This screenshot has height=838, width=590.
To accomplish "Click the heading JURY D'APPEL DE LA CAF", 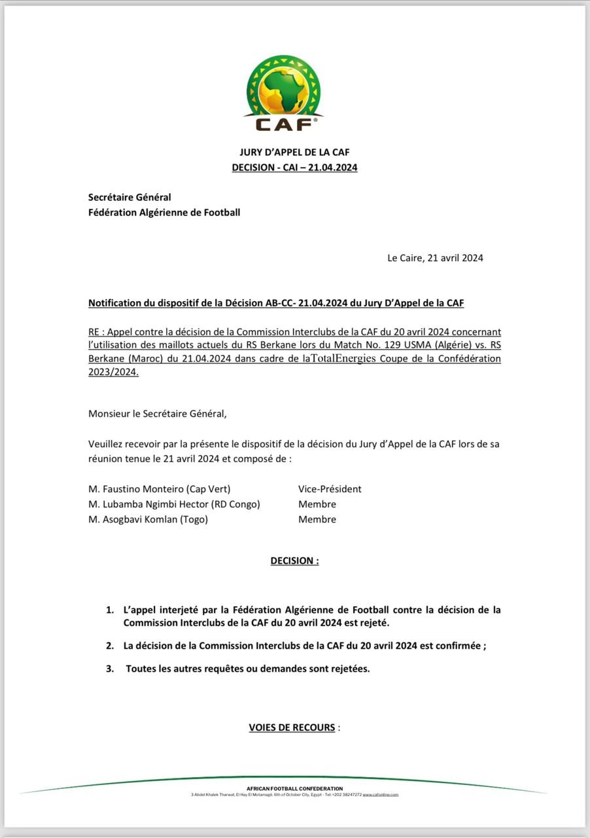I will pos(294,152).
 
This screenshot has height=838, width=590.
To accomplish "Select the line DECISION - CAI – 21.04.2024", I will pos(294,168).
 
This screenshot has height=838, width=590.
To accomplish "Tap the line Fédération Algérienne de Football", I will pos(164,212).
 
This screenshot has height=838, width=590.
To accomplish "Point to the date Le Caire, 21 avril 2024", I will pos(435,258).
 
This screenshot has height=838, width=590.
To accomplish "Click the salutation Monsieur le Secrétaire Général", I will pos(158,413).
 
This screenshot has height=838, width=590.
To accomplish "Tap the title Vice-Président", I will pos(330,489).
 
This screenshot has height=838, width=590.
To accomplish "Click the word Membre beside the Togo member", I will pos(317,519).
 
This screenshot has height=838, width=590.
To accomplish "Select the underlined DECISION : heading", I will pos(294,561).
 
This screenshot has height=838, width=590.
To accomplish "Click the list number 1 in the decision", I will pos(109,610).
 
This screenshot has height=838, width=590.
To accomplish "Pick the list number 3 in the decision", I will pos(109,669).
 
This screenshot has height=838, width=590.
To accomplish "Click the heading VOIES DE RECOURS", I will pos(292,727).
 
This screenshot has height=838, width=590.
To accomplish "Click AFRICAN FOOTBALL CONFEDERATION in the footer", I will pos(294,788).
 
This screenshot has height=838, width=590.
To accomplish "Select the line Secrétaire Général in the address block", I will pos(130,197).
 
